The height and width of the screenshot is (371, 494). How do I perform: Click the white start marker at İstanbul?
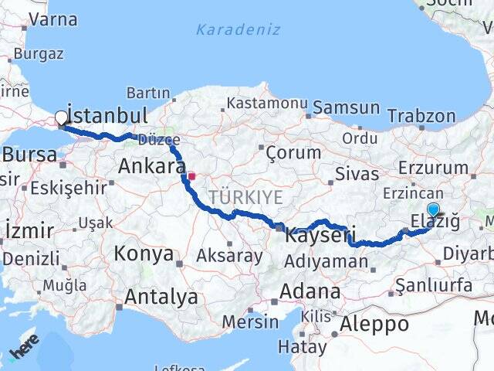pyautogui.click(x=61, y=118)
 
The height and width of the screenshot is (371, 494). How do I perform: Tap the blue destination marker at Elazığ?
pyautogui.click(x=433, y=209)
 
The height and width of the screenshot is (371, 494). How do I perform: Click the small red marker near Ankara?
pyautogui.click(x=191, y=175)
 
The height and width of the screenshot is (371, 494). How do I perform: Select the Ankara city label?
pyautogui.click(x=152, y=165)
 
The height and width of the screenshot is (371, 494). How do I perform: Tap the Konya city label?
pyautogui.click(x=144, y=253)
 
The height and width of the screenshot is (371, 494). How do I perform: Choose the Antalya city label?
pyautogui.click(x=161, y=296)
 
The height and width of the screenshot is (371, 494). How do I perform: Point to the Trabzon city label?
pyautogui.click(x=421, y=116)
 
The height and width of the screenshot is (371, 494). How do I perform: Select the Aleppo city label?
pyautogui.click(x=374, y=323)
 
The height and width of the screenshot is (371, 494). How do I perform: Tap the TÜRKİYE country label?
pyautogui.click(x=246, y=198)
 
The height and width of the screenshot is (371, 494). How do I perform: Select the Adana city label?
pyautogui.click(x=311, y=291)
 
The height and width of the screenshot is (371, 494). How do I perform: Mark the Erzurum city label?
pyautogui.click(x=435, y=167)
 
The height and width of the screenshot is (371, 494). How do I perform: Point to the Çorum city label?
pyautogui.click(x=293, y=152)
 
